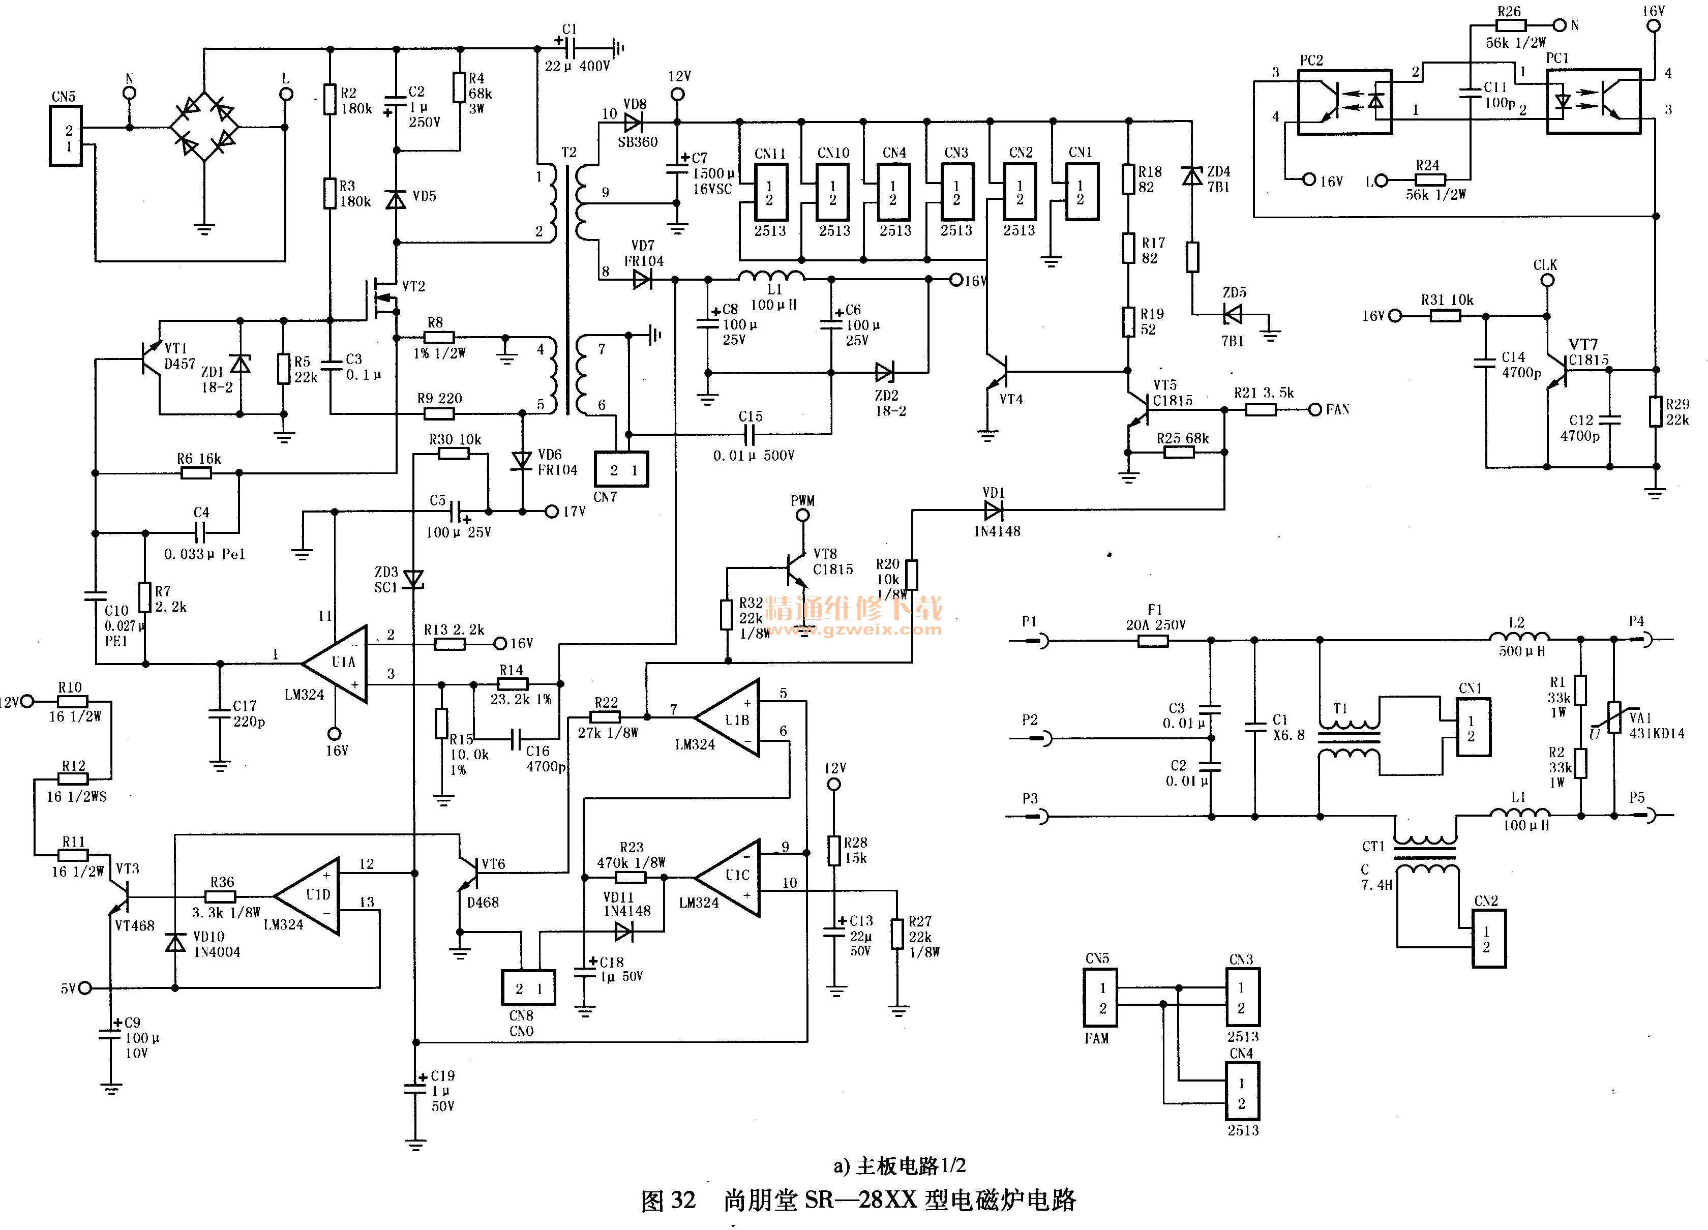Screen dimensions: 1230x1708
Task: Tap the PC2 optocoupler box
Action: coord(1344,102)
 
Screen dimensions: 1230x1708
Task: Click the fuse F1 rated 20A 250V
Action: coord(1152,641)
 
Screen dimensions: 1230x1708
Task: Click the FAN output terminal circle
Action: coord(1314,410)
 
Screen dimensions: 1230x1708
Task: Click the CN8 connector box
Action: coord(529,988)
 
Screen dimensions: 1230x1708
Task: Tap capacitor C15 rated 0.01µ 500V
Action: coord(750,435)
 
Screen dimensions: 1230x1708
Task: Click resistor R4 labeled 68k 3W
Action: coord(459,87)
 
